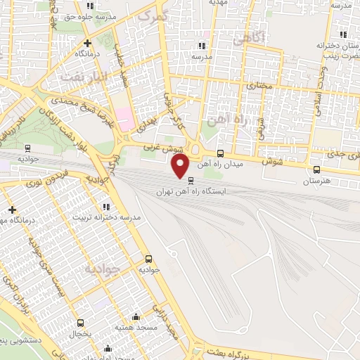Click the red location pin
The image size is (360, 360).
(181, 166)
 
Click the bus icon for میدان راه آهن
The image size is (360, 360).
(221, 154)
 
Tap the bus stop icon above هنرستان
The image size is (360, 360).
(316, 169)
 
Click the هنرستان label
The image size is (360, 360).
(316, 181)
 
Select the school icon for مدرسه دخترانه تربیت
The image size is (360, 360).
(106, 207)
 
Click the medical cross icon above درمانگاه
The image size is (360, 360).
(79, 42)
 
